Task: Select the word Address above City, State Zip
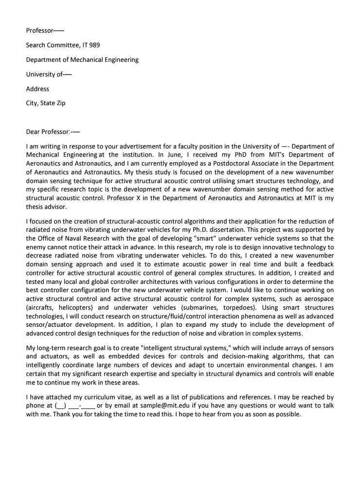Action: tap(37, 89)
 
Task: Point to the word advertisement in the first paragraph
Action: tap(156, 146)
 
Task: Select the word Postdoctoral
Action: tap(229, 164)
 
